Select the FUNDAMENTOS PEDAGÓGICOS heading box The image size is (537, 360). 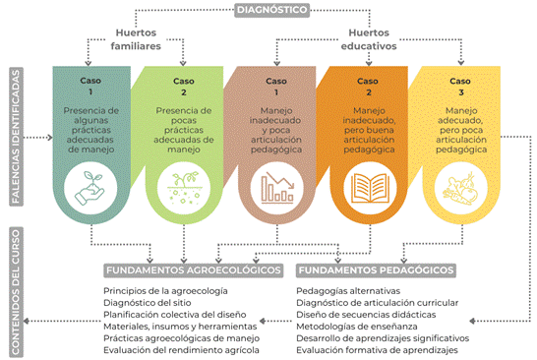376,269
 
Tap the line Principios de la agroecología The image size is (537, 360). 165,291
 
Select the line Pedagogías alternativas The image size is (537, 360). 348,291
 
